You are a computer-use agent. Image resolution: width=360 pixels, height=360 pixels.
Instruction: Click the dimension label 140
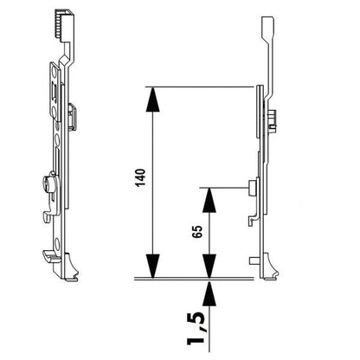(x=141, y=178)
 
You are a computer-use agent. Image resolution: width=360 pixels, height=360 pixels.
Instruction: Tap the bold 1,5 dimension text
(x=196, y=329)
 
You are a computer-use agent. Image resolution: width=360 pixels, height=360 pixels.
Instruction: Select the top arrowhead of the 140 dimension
(x=153, y=99)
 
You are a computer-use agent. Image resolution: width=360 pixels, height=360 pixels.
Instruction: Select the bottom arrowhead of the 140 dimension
(x=153, y=267)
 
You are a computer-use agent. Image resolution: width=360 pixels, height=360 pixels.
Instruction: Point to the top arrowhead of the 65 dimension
(x=209, y=200)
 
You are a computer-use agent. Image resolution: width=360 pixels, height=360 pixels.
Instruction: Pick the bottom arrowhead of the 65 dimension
(x=209, y=267)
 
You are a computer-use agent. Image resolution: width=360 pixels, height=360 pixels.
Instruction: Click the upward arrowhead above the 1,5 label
(x=209, y=293)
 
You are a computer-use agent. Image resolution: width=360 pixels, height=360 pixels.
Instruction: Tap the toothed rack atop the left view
(x=62, y=24)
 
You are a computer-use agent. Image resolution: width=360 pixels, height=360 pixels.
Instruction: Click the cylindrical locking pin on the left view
(x=48, y=183)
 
